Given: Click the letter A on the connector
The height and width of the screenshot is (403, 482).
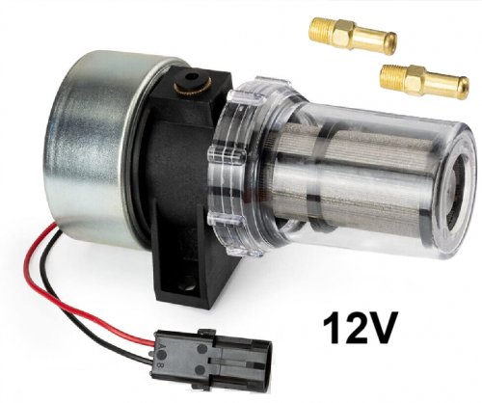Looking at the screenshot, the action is pyautogui.click(x=158, y=346).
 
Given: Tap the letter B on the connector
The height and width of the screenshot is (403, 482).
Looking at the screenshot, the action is pyautogui.click(x=158, y=365).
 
